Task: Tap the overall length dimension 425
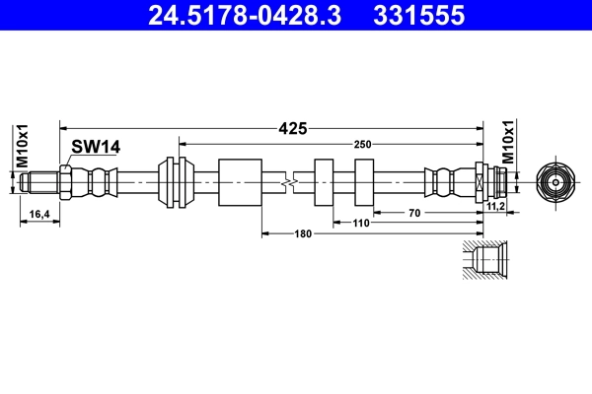[x=293, y=127]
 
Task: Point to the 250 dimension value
[x=364, y=145]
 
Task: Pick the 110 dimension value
[x=360, y=224]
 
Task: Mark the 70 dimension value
[x=413, y=213]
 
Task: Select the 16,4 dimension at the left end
[x=39, y=213]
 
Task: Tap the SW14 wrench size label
[x=96, y=147]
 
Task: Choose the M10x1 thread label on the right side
[x=509, y=141]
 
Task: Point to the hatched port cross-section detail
[x=483, y=260]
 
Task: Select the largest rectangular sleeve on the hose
[x=238, y=182]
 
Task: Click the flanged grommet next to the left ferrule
[x=175, y=182]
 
